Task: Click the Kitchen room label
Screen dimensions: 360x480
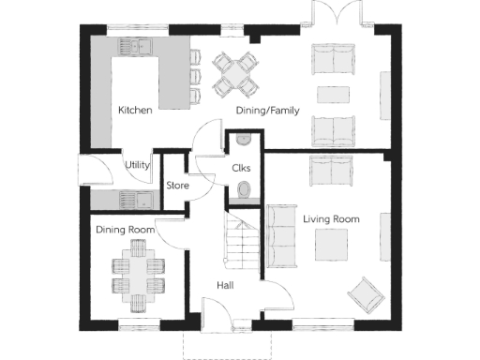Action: (135, 111)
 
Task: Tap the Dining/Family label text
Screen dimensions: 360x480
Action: (267, 111)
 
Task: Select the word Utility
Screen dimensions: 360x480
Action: (138, 165)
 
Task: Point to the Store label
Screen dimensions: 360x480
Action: (177, 186)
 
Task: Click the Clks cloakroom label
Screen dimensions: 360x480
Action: (240, 168)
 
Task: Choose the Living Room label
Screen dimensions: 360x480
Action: (331, 218)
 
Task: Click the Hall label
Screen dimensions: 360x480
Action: (225, 285)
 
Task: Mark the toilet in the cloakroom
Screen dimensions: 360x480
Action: (245, 192)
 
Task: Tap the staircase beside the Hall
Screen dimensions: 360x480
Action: (243, 244)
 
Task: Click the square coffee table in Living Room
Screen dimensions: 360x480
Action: (329, 246)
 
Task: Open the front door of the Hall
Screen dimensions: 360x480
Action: (217, 314)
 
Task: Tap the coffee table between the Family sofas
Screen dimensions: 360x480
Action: (332, 95)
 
